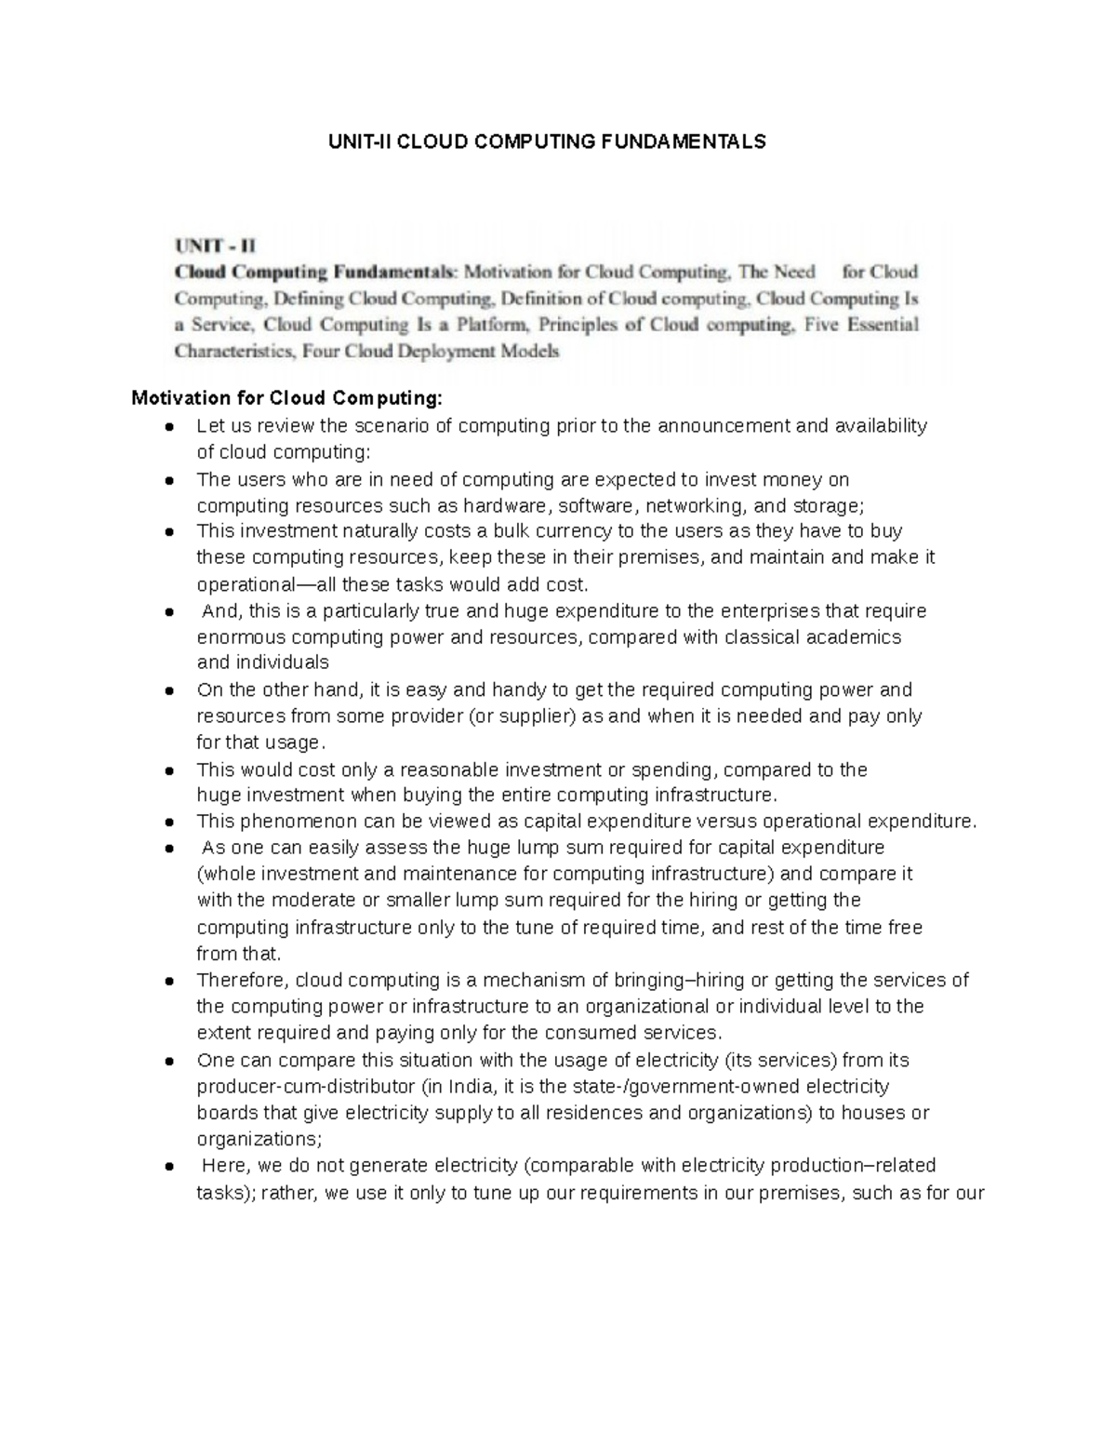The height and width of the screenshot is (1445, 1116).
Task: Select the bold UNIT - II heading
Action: click(214, 247)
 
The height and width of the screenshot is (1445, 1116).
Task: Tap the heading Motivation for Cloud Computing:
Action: click(287, 398)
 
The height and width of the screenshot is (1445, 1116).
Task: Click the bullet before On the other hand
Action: click(169, 691)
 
